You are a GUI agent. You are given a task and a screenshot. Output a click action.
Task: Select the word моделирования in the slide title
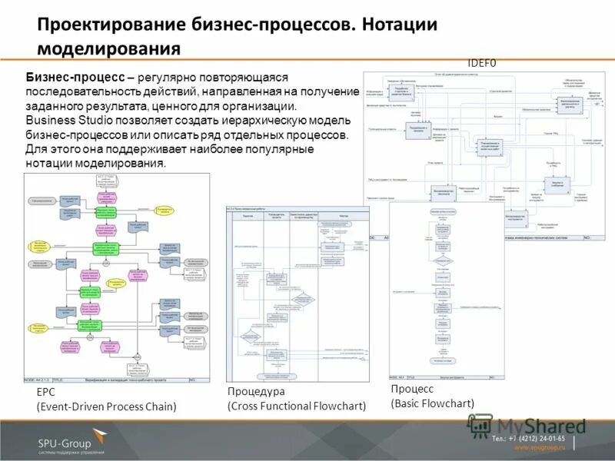coord(108,49)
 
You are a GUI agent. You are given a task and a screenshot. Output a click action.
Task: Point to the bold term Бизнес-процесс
coord(74,78)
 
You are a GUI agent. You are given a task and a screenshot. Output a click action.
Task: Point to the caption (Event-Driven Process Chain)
coord(107,406)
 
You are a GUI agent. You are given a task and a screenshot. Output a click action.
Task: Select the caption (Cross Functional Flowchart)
coord(297,406)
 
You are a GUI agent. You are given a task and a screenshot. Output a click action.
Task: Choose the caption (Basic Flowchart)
coord(432,403)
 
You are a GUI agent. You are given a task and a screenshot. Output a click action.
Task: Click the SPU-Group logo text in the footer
coord(65,443)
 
